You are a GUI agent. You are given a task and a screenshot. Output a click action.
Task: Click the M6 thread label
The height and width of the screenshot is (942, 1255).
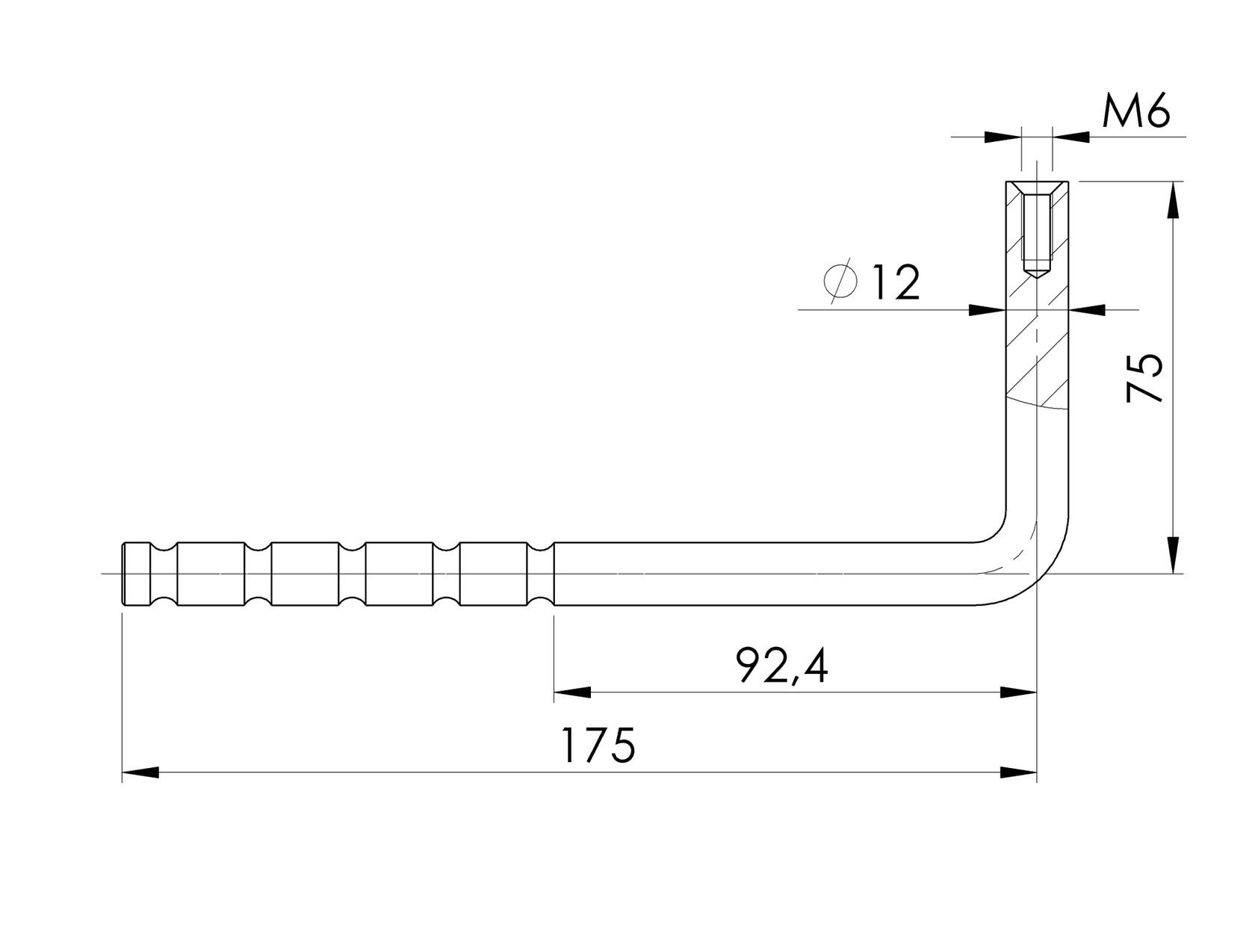[x=1135, y=112]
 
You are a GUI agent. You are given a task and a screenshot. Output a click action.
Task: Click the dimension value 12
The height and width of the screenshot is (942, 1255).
[x=895, y=282]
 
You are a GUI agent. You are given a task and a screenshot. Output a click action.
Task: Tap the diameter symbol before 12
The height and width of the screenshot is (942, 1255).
[x=840, y=282]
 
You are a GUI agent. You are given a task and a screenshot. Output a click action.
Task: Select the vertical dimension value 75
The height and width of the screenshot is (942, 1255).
[x=1144, y=378]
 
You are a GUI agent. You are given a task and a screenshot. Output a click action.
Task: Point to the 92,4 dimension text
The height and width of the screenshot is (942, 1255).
[x=781, y=666]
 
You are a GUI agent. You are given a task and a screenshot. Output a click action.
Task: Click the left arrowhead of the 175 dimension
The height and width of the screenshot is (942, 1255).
[x=140, y=772]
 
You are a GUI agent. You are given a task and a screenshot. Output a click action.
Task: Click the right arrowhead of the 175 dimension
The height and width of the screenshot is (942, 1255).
[x=1019, y=772]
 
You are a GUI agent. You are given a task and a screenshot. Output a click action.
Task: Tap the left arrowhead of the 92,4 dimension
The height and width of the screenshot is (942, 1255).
[x=572, y=692]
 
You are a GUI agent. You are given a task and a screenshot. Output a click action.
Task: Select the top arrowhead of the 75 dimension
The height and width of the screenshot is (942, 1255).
[x=1173, y=199]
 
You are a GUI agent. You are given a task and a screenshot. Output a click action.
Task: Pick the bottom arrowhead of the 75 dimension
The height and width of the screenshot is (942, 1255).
[x=1173, y=555]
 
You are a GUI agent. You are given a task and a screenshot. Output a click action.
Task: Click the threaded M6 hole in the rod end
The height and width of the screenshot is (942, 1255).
[x=1036, y=228]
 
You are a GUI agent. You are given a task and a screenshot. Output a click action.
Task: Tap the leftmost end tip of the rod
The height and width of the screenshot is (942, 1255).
[x=123, y=573]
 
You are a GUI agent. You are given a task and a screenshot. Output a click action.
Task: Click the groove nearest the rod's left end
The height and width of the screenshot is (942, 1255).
[x=164, y=573]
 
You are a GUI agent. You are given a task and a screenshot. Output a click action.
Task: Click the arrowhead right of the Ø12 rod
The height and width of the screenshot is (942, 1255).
[x=1087, y=309]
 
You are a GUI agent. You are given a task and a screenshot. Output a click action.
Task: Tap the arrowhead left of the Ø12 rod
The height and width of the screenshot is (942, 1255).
[x=986, y=309]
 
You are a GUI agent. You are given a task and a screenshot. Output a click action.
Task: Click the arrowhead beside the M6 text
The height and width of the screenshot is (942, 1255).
[x=1070, y=137]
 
